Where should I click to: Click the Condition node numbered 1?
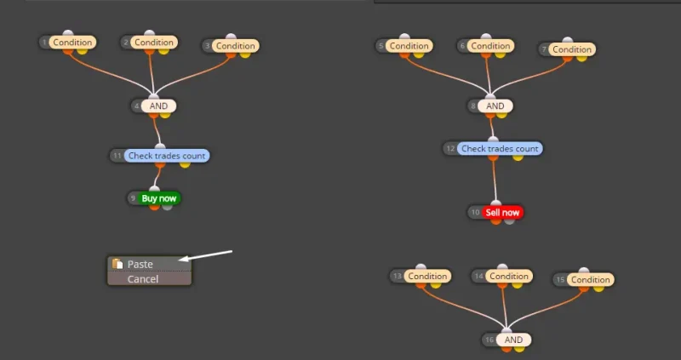coord(72,42)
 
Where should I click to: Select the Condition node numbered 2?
coord(154,42)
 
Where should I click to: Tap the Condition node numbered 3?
coord(235,45)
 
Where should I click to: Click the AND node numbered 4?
coord(158,106)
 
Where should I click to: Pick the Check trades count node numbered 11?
coord(166,156)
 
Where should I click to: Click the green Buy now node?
coord(159,198)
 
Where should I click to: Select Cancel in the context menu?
coord(143,279)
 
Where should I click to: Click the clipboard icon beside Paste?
coord(117,264)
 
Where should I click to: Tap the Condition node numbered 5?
coord(409,45)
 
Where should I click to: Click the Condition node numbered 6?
coord(490,45)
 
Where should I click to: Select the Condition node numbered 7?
coord(572,49)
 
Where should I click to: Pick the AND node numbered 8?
coord(495,106)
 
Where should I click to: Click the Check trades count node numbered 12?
coord(500,148)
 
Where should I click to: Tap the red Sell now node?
coord(502,212)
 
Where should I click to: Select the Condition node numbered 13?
coord(427,276)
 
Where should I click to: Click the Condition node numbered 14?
coord(509,276)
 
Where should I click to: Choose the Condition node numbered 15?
coord(591,279)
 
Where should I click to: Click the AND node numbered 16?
coord(513,340)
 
